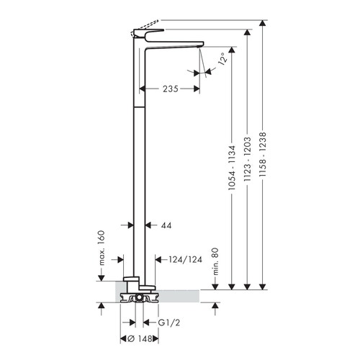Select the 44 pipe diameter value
click(x=166, y=225)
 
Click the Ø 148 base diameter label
click(x=139, y=337)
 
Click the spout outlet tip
click(x=199, y=45)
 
